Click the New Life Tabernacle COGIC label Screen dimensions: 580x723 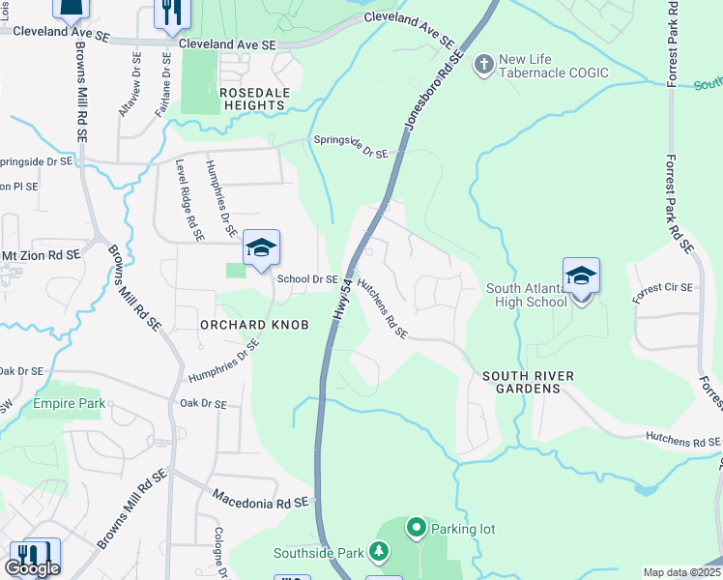click(x=552, y=67)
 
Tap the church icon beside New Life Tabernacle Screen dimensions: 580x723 click(x=483, y=66)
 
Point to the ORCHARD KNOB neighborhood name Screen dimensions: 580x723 click(x=254, y=325)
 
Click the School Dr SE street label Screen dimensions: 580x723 click(x=307, y=279)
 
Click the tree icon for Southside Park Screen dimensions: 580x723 click(x=380, y=553)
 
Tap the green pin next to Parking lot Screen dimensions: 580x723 click(x=417, y=528)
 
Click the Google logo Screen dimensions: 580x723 click(x=33, y=568)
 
